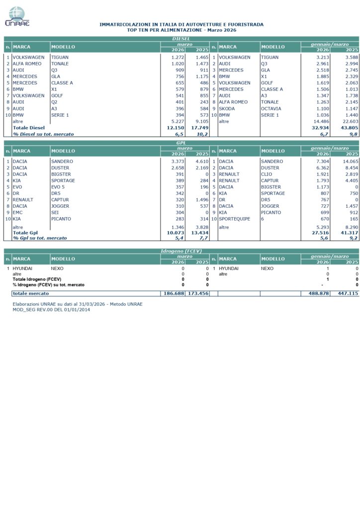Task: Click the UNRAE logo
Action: (x=17, y=16)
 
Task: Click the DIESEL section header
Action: (x=181, y=38)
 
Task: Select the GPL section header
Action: (x=181, y=143)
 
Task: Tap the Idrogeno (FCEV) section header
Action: (x=181, y=251)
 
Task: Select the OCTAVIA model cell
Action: (x=271, y=108)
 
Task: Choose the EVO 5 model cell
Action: (x=58, y=187)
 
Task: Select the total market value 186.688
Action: (x=174, y=294)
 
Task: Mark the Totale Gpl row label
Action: (x=25, y=232)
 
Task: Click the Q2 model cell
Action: (x=54, y=102)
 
